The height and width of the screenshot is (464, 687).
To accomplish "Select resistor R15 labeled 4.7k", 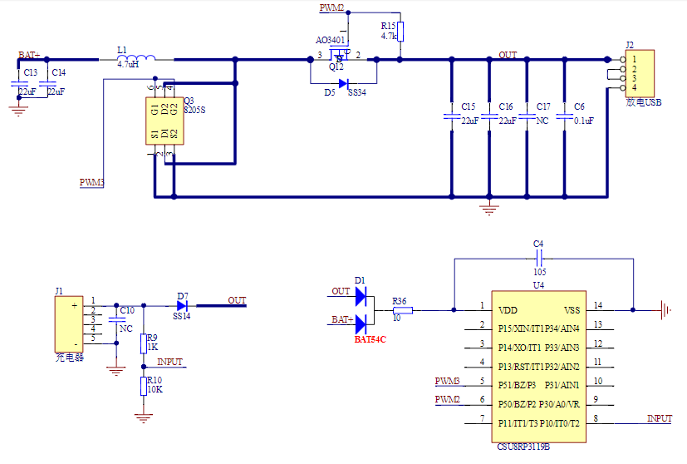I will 400,32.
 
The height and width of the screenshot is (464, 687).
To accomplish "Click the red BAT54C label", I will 370,339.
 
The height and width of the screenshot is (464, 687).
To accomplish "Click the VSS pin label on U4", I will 572,310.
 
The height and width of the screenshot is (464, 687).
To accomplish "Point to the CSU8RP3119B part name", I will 524,447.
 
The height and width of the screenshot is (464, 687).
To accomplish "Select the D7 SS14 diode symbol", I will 182,306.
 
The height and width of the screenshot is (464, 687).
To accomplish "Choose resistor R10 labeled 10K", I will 143,384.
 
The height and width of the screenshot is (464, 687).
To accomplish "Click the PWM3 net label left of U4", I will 448,382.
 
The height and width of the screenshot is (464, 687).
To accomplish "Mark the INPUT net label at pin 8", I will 660,419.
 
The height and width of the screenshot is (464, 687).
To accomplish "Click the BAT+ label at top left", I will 30,55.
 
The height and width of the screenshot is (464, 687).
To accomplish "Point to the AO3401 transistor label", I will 331,40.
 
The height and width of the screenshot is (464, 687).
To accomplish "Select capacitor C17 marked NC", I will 528,117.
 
